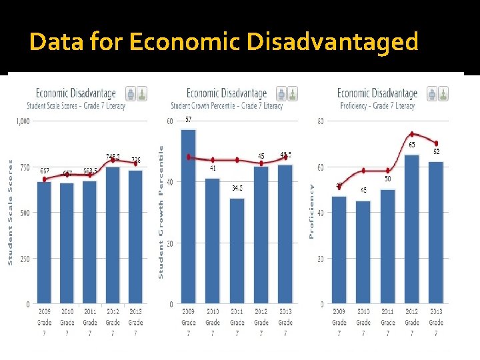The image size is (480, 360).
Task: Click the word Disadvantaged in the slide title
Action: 332,42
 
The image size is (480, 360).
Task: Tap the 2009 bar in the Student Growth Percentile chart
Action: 189,217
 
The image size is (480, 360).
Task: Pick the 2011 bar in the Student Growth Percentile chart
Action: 237,251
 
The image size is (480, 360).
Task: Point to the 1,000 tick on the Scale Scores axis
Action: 22,121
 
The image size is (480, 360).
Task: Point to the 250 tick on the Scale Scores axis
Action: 25,259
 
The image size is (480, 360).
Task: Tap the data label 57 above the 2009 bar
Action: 189,120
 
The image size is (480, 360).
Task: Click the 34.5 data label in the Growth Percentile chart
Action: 237,188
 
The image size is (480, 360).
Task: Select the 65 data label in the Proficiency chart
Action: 411,145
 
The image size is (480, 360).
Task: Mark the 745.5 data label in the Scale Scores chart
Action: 113,156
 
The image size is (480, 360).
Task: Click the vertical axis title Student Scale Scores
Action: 10,212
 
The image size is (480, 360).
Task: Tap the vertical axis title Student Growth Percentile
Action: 161,212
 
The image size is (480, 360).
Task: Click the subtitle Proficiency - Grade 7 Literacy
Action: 377,105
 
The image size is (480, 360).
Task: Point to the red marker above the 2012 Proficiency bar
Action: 412,134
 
